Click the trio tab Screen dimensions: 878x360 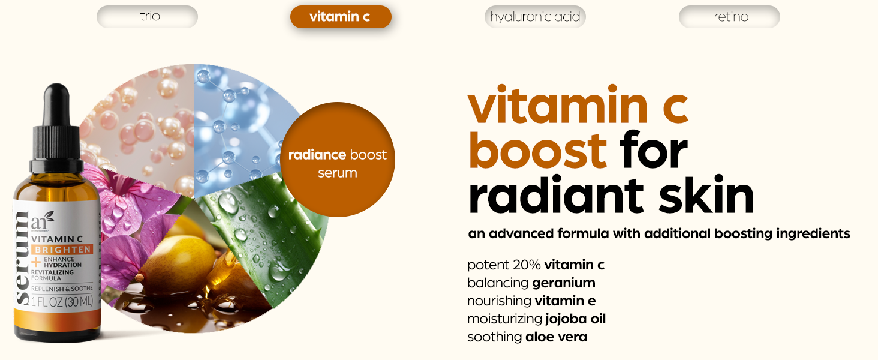pos(147,16)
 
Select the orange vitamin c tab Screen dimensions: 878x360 pos(341,17)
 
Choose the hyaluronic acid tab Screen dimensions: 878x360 pos(535,17)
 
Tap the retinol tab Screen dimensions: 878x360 pos(729,17)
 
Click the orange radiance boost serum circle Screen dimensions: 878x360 pos(338,160)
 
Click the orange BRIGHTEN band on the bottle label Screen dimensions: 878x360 pos(62,250)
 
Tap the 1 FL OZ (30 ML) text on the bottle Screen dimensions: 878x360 pos(62,302)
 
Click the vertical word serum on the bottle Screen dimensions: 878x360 pos(22,257)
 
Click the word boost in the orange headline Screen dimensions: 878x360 pos(538,151)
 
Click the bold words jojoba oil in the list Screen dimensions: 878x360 pos(575,319)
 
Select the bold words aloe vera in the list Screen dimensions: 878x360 pos(556,337)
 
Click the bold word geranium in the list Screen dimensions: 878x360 pos(564,284)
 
